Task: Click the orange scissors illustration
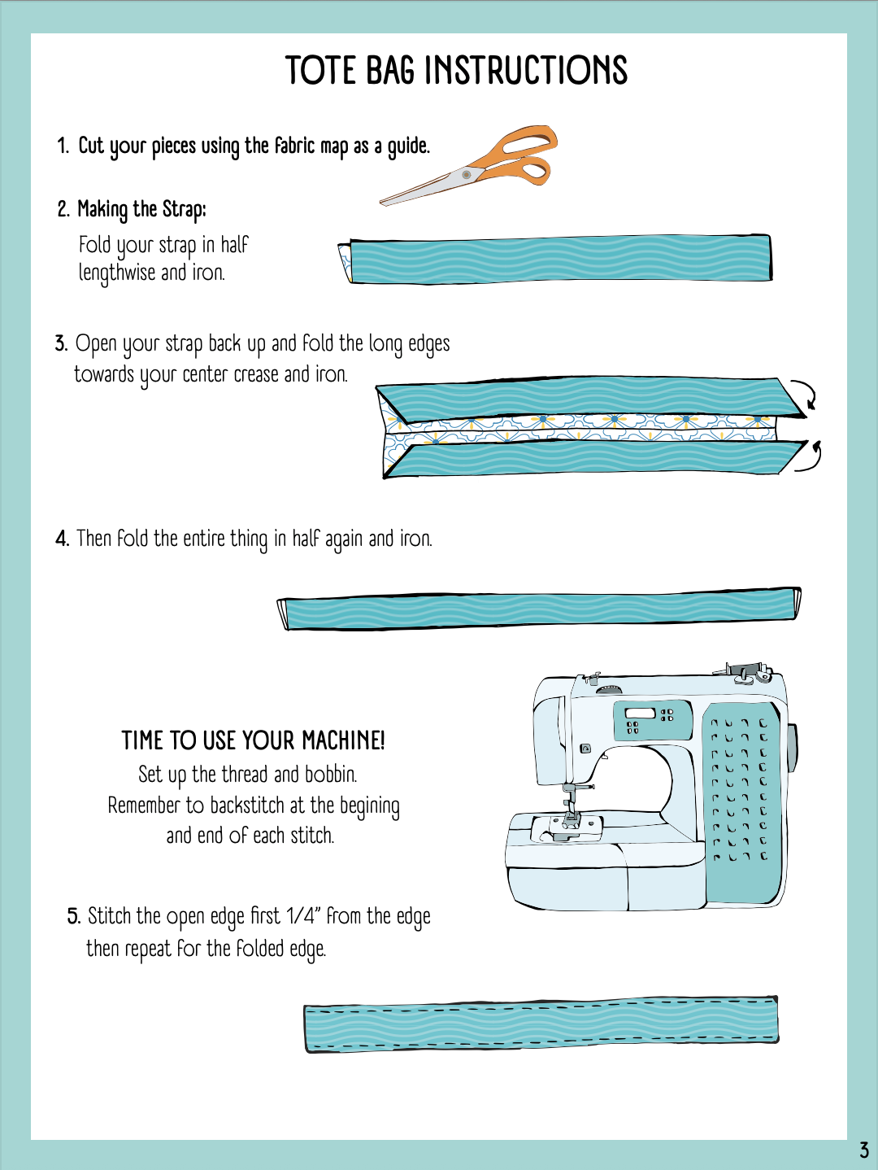[469, 165]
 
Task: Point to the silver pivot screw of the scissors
[467, 174]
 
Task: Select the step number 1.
[63, 146]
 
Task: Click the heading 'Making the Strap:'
[141, 209]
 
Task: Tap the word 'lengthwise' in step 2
[117, 273]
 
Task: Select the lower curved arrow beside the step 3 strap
[811, 456]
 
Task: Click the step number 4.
[62, 539]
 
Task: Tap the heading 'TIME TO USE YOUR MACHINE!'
[253, 740]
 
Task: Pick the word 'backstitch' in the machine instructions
[248, 805]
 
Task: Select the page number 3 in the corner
[863, 1150]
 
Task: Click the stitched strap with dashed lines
[541, 1024]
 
